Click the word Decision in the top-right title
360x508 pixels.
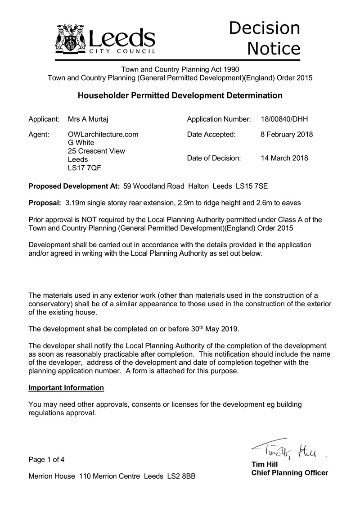pyautogui.click(x=264, y=28)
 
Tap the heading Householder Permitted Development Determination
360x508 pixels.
pyautogui.click(x=180, y=95)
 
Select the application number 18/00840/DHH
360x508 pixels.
pyautogui.click(x=284, y=119)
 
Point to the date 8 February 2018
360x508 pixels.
pyautogui.click(x=287, y=134)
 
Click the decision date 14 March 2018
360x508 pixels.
pyautogui.click(x=284, y=158)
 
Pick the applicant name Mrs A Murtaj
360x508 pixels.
pyautogui.click(x=88, y=119)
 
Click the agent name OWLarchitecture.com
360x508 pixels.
pyautogui.click(x=103, y=134)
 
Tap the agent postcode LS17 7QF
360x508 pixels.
pyautogui.click(x=83, y=168)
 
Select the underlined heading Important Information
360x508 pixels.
pyautogui.click(x=66, y=388)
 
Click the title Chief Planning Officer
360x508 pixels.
pyautogui.click(x=289, y=473)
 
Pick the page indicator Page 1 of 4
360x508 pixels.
pyautogui.click(x=46, y=460)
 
